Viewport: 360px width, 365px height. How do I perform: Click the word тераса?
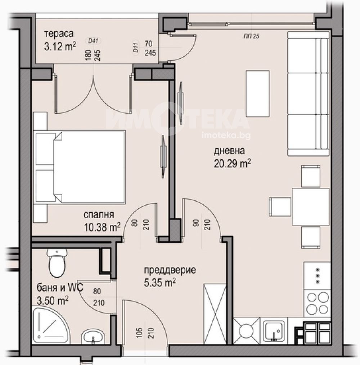click(x=59, y=34)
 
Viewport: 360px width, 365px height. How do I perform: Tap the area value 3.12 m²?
click(x=60, y=46)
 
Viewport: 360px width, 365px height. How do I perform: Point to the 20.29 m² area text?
click(x=232, y=164)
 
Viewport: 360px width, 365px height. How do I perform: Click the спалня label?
click(x=99, y=215)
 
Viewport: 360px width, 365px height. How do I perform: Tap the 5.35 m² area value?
click(x=160, y=283)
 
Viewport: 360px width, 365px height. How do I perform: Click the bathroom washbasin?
click(x=93, y=337)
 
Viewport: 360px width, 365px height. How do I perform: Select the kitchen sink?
click(x=275, y=330)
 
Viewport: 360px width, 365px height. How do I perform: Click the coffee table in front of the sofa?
click(x=257, y=93)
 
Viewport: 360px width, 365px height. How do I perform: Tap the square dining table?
click(x=310, y=207)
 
